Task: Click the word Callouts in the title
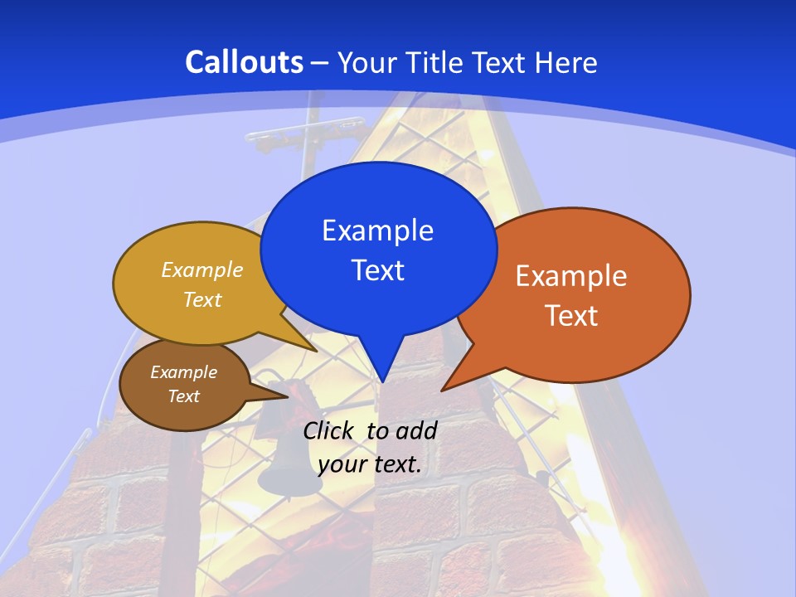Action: coord(244,62)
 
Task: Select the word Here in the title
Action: coord(566,62)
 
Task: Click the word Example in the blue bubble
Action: coord(377,231)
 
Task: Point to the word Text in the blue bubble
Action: coord(377,270)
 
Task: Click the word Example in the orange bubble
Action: coord(571,276)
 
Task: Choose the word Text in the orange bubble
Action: coord(571,316)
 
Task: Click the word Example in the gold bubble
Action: coord(202,269)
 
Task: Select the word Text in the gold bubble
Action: coord(202,299)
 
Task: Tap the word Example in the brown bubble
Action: coord(183,372)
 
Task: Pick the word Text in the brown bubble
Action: coord(183,396)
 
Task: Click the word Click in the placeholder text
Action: coord(331,430)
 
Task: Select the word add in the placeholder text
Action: coord(416,430)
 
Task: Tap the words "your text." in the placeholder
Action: coord(370,464)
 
